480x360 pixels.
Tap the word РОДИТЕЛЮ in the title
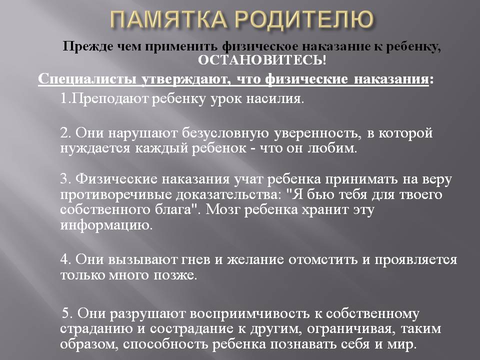(305, 19)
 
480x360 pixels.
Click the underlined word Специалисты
(87, 79)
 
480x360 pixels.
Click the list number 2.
(66, 133)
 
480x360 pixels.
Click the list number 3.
(66, 179)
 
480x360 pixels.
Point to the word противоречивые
(116, 195)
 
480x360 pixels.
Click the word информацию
(106, 225)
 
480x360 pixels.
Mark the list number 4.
(66, 259)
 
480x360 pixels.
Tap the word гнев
(195, 259)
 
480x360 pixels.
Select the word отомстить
(323, 259)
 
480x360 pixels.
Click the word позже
(175, 275)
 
